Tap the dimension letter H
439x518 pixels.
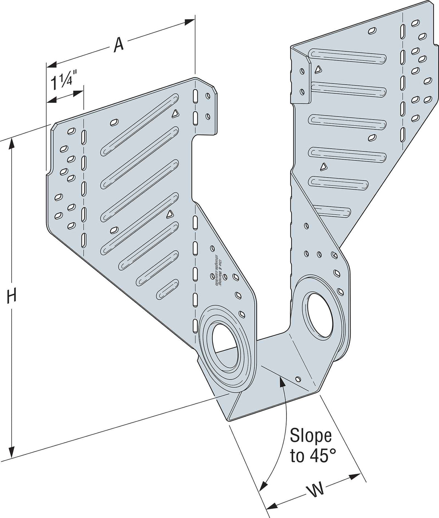coord(12,296)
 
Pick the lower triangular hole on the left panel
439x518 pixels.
coord(169,215)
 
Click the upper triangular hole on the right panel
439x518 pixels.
coord(318,68)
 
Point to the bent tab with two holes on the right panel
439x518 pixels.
coord(301,81)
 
